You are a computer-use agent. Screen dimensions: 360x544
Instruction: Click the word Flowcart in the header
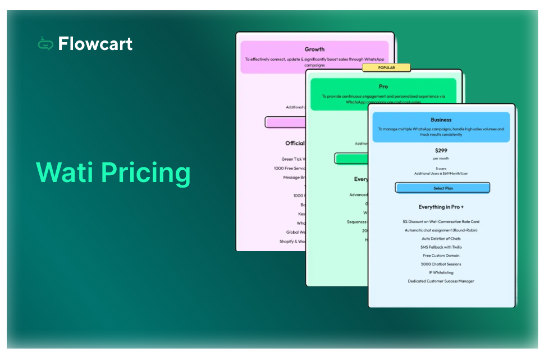pos(95,43)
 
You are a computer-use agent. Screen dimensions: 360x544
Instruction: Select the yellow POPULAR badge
pos(386,67)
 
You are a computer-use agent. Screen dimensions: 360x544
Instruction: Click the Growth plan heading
pos(314,49)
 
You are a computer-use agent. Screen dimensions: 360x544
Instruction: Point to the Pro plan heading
pos(383,86)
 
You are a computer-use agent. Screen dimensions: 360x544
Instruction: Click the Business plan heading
pos(441,120)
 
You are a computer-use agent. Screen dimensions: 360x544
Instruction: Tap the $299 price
pos(441,151)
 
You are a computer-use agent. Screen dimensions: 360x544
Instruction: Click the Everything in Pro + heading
pos(441,207)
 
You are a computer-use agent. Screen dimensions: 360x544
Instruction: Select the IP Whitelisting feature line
pos(441,272)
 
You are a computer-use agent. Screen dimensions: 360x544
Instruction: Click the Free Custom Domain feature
pos(441,256)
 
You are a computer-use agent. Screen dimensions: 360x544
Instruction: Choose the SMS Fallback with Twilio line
pos(441,247)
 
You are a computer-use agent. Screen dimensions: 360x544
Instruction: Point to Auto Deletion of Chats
pos(441,239)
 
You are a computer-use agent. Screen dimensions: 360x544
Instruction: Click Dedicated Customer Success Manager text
pos(441,281)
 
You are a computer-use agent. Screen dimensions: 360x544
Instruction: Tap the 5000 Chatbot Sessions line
pos(441,264)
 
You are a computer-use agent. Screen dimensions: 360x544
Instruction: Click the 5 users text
pos(441,168)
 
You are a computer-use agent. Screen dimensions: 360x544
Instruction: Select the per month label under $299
pos(441,158)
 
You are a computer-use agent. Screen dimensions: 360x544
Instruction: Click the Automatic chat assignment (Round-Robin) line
pos(441,230)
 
